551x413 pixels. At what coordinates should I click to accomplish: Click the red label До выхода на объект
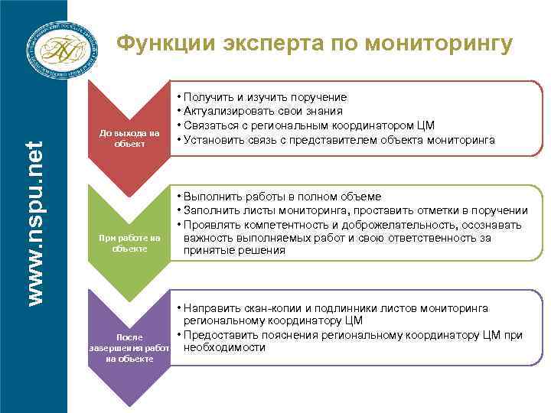[129, 139]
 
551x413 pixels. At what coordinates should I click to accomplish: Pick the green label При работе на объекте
[129, 244]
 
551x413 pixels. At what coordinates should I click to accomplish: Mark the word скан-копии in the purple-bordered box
[279, 307]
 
